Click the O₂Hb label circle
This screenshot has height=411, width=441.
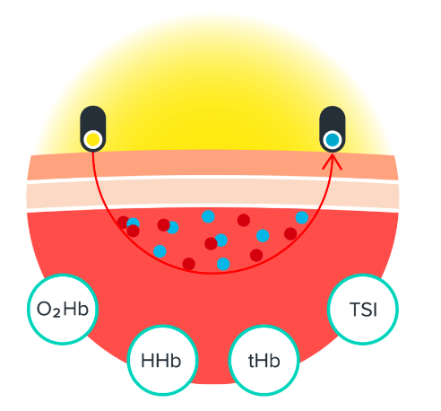(63, 310)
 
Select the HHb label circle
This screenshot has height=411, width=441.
(162, 360)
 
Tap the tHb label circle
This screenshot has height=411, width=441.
(264, 360)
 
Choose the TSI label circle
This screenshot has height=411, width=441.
(363, 310)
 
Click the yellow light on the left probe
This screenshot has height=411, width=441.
(93, 140)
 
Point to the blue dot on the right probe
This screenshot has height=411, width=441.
(333, 140)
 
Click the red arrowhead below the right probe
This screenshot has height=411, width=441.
(332, 162)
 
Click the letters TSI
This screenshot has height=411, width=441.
(363, 310)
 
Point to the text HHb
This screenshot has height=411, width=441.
(160, 361)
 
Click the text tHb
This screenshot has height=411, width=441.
(264, 361)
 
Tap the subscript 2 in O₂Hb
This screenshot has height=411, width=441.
(56, 313)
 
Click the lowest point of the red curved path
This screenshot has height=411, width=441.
(212, 273)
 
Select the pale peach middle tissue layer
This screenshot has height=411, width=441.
(212, 194)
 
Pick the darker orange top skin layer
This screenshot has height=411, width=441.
(212, 164)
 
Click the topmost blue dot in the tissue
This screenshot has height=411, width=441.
(208, 216)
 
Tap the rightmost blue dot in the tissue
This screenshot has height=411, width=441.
(302, 217)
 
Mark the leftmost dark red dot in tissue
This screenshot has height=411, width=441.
(123, 223)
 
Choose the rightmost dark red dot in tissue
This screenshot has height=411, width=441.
(290, 233)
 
